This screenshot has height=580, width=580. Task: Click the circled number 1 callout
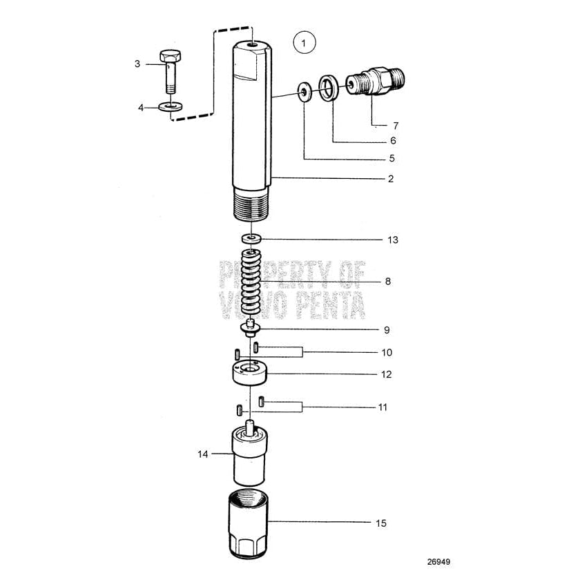click(304, 43)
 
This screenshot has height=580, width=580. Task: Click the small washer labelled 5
click(303, 91)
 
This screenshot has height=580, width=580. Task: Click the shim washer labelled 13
click(251, 239)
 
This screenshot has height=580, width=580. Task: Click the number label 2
click(390, 179)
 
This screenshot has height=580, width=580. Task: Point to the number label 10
click(387, 352)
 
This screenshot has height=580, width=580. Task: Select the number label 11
click(382, 407)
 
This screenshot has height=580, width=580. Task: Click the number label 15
click(381, 523)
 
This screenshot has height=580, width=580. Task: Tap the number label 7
click(396, 126)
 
